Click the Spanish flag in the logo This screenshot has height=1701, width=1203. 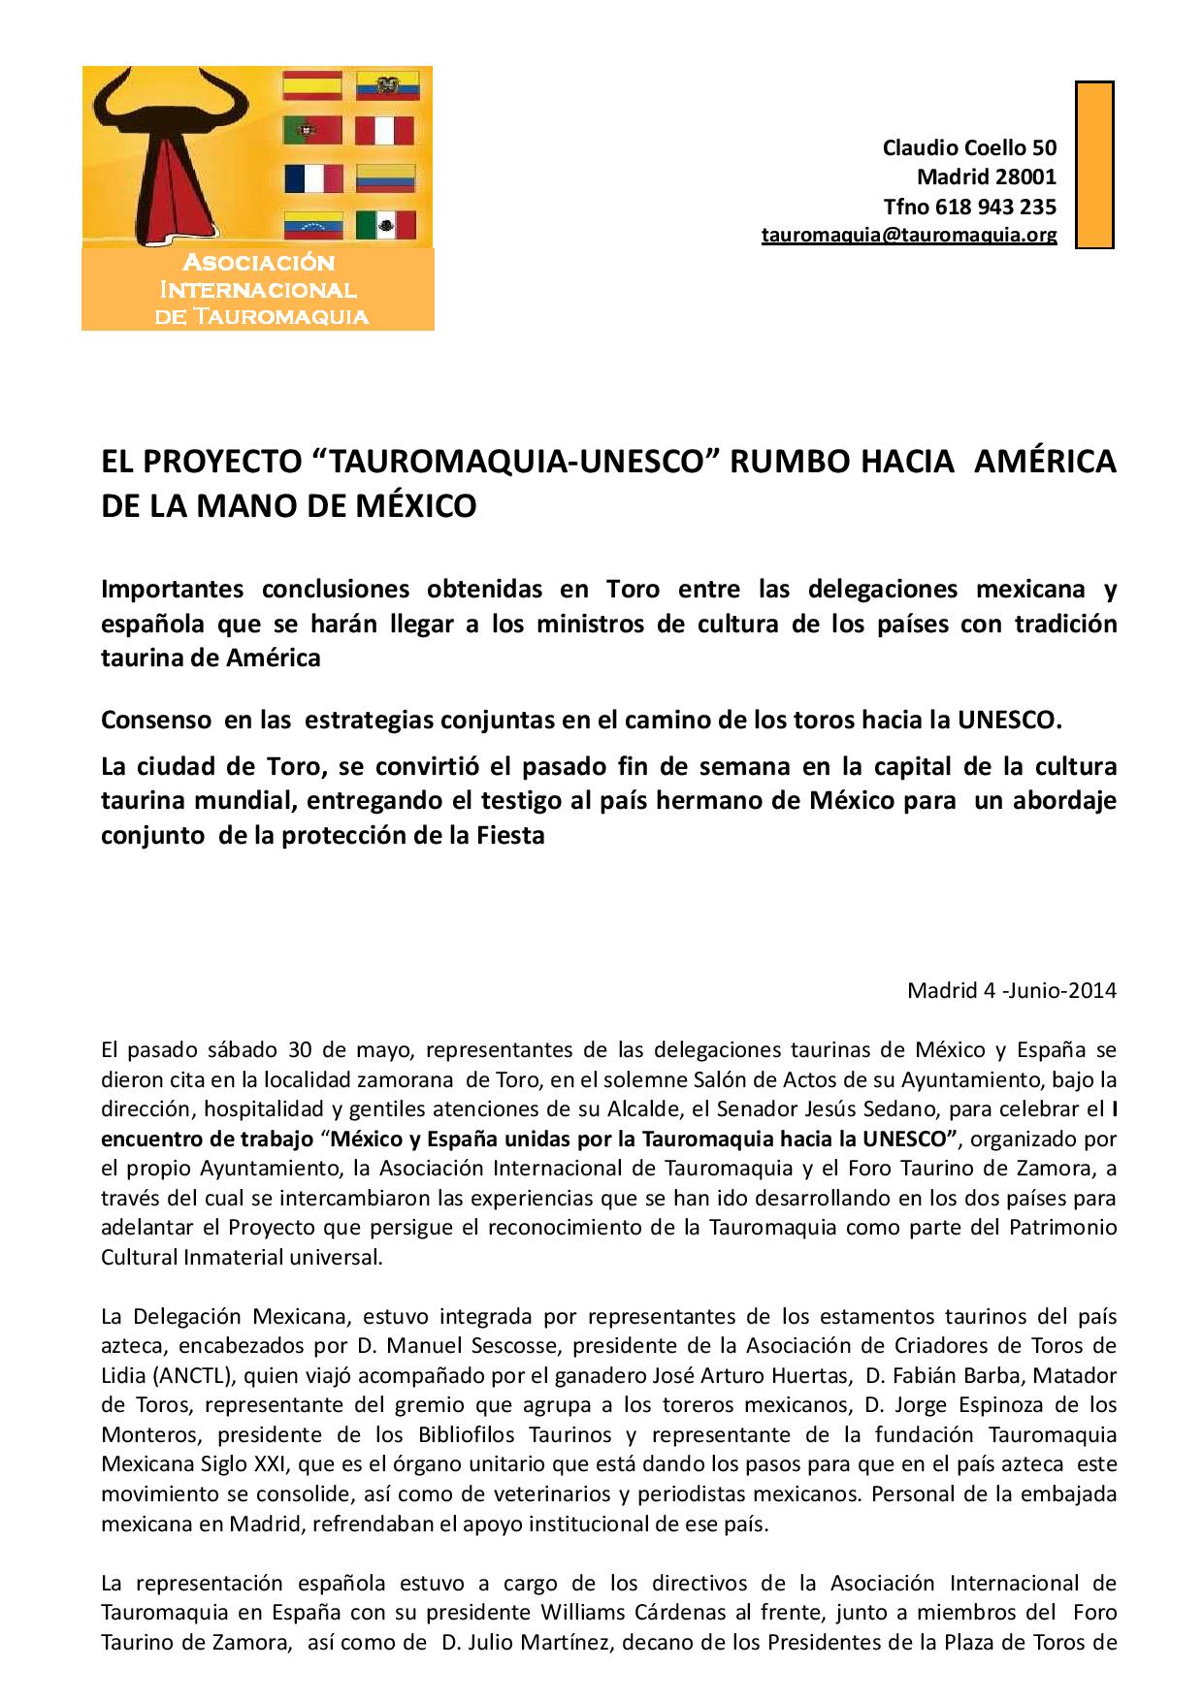tap(311, 86)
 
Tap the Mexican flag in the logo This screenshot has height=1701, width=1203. tap(385, 225)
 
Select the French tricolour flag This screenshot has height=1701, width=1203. tap(312, 178)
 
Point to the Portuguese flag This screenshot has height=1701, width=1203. tap(311, 131)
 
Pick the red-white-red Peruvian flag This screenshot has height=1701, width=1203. tap(385, 131)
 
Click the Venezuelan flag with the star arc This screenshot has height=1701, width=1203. tap(311, 225)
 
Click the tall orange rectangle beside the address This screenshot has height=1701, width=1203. tap(1094, 165)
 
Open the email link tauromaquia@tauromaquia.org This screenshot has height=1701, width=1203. tap(908, 235)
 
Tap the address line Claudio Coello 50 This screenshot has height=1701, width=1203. tap(968, 147)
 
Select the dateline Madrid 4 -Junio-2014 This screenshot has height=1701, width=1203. tap(1011, 990)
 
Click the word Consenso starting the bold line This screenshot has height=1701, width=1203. tap(156, 720)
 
